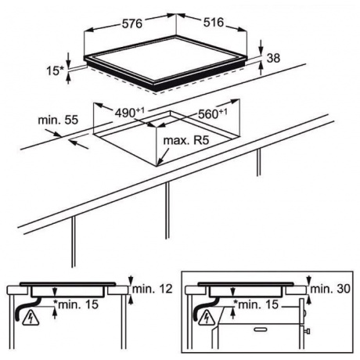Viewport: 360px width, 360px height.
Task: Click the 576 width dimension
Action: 132,23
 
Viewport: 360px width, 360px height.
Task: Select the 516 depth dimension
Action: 214,23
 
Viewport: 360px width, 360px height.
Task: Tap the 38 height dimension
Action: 273,58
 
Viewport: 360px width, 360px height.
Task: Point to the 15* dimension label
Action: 55,70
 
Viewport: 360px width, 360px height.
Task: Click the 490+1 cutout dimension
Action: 130,113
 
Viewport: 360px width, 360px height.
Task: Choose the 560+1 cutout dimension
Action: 213,113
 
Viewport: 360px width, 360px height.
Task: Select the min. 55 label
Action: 58,120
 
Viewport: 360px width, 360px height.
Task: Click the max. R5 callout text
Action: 186,141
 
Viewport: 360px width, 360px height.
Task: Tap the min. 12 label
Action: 153,289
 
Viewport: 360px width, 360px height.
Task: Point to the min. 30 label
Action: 330,289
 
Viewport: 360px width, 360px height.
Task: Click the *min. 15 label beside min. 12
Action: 76,304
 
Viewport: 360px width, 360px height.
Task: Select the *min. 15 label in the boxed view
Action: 256,304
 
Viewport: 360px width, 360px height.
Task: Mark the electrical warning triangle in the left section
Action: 31,319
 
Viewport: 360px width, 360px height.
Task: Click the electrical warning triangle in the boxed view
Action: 207,318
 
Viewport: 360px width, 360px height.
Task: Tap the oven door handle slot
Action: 260,329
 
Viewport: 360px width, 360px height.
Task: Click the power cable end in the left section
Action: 18,319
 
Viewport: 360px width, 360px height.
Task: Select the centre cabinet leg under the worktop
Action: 167,211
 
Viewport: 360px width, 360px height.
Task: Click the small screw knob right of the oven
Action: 308,331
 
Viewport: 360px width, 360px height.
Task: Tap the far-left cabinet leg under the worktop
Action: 74,242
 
